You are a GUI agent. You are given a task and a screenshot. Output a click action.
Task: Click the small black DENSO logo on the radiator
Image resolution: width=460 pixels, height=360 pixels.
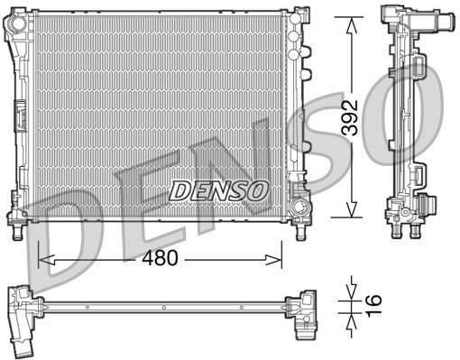coord(219,189)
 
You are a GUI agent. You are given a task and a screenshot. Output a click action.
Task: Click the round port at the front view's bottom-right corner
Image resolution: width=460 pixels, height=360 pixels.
coord(299,190)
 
